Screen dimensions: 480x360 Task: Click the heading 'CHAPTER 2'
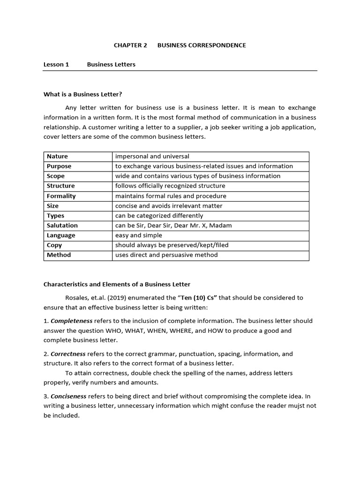pyautogui.click(x=130, y=45)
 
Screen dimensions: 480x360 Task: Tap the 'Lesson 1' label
pyautogui.click(x=56, y=64)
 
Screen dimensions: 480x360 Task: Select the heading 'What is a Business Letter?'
pyautogui.click(x=82, y=94)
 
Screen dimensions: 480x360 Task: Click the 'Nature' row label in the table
pyautogui.click(x=57, y=156)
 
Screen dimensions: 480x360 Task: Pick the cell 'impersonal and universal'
pyautogui.click(x=152, y=156)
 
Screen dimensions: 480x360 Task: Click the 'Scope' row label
pyautogui.click(x=56, y=176)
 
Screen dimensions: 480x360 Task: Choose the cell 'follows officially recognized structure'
pyautogui.click(x=170, y=186)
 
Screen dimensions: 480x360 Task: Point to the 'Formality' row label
pyautogui.click(x=61, y=196)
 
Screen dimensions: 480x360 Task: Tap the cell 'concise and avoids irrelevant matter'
pyautogui.click(x=169, y=206)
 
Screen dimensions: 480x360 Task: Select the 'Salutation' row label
pyautogui.click(x=62, y=225)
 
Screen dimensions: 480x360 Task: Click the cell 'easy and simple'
pyautogui.click(x=139, y=235)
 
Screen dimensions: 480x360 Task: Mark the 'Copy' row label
pyautogui.click(x=54, y=245)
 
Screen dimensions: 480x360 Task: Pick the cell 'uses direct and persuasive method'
pyautogui.click(x=166, y=255)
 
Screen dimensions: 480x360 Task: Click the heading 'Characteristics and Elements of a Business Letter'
pyautogui.click(x=117, y=284)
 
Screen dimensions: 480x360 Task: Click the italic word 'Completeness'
pyautogui.click(x=71, y=321)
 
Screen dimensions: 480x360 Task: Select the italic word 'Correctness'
pyautogui.click(x=68, y=354)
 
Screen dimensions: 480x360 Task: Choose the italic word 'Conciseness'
pyautogui.click(x=68, y=396)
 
